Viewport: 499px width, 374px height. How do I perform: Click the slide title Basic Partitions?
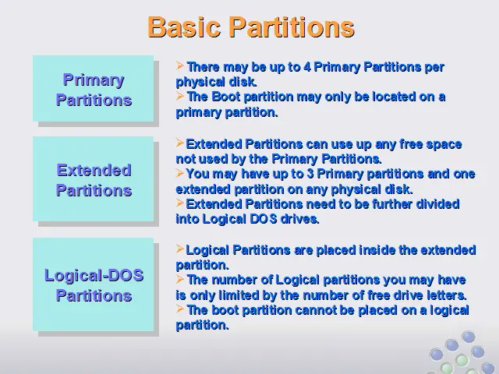[251, 27]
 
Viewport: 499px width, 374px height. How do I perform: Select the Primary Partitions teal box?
[94, 88]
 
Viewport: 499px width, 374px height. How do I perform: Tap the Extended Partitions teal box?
[94, 178]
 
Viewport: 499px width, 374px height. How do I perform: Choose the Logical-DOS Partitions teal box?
[94, 284]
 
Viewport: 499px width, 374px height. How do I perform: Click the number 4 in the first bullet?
[306, 67]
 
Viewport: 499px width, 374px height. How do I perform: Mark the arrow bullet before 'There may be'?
[180, 65]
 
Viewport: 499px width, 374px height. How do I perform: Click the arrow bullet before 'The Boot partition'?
[180, 95]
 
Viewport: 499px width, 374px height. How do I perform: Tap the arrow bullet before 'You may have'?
[180, 173]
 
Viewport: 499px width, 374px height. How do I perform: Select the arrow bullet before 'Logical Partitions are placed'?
[180, 249]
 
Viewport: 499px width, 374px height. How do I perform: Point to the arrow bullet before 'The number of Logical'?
[180, 279]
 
